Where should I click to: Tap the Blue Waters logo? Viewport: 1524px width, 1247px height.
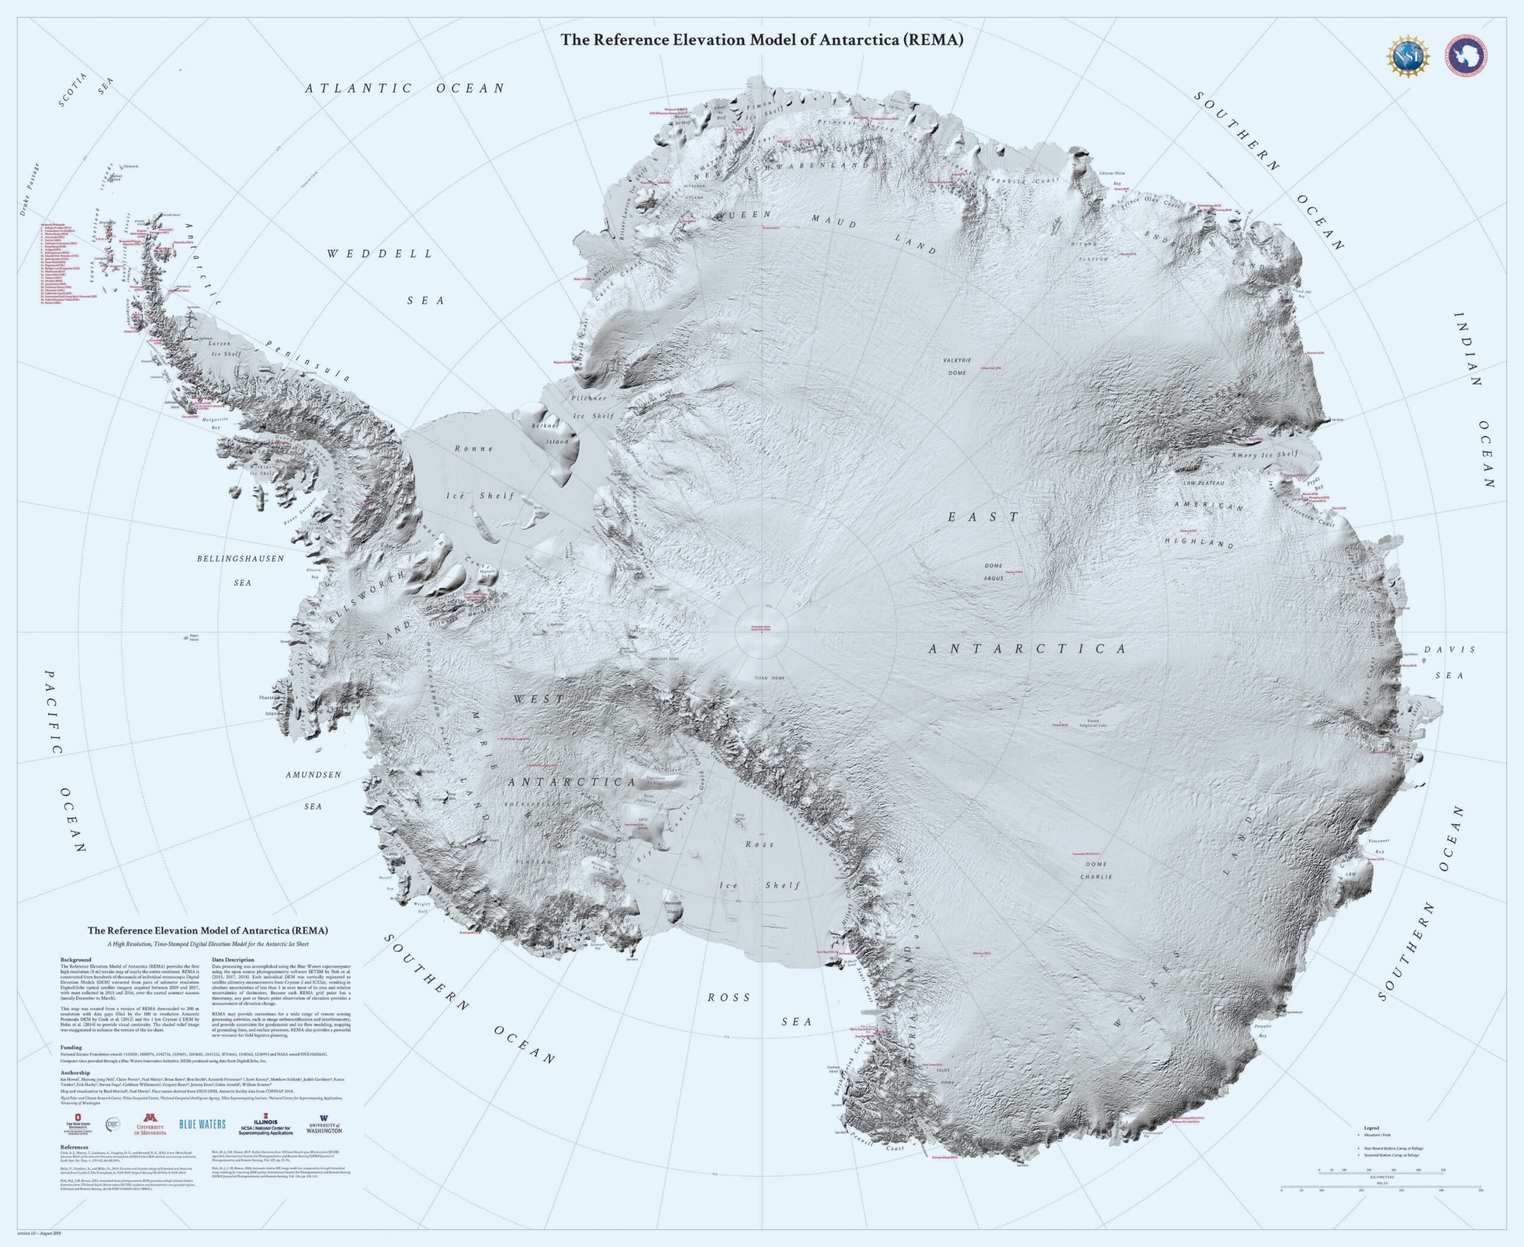202,1124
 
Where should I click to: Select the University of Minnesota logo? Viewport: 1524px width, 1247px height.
150,1125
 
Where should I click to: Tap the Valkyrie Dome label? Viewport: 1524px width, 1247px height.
957,366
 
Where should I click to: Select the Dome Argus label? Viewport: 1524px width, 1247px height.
993,572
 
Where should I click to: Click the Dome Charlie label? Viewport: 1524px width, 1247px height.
1096,870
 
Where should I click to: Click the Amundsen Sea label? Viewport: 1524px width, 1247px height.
313,790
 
